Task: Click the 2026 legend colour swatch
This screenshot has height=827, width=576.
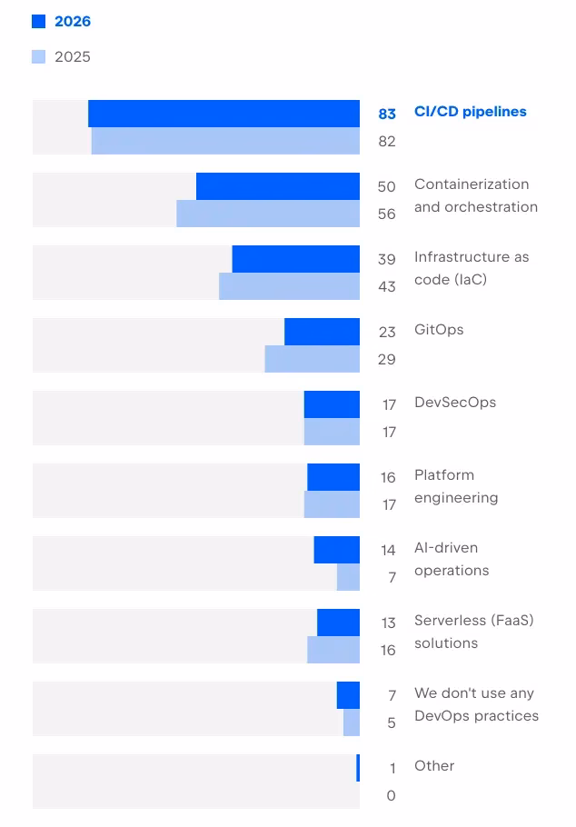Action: click(x=38, y=21)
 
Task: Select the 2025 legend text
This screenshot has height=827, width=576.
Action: click(x=73, y=57)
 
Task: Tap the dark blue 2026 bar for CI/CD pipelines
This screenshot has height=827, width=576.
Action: click(x=223, y=114)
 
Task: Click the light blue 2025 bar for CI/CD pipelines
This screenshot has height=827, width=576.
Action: click(x=225, y=141)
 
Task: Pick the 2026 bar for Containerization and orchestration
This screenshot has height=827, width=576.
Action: click(x=278, y=186)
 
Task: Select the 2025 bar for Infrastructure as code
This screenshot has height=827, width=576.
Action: click(x=289, y=286)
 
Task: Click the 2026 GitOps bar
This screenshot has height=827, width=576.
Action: click(x=322, y=332)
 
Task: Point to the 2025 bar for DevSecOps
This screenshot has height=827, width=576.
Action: click(x=332, y=432)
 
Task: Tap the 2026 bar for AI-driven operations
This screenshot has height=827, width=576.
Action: click(x=336, y=550)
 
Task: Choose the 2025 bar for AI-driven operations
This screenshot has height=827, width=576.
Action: click(x=348, y=577)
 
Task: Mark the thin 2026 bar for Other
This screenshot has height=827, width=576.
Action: click(x=358, y=768)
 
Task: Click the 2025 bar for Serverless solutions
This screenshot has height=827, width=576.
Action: click(x=333, y=650)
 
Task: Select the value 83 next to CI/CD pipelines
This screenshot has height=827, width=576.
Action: click(x=387, y=114)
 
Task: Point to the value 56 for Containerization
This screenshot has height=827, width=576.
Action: click(x=387, y=214)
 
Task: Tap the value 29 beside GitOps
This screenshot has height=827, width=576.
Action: click(x=387, y=360)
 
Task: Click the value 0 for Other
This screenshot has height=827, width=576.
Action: click(x=391, y=795)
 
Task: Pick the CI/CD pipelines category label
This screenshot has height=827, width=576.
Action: click(x=470, y=112)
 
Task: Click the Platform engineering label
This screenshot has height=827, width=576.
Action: click(x=456, y=486)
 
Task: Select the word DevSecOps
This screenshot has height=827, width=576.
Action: click(x=454, y=403)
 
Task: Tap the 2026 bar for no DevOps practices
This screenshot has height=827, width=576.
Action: click(x=348, y=695)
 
